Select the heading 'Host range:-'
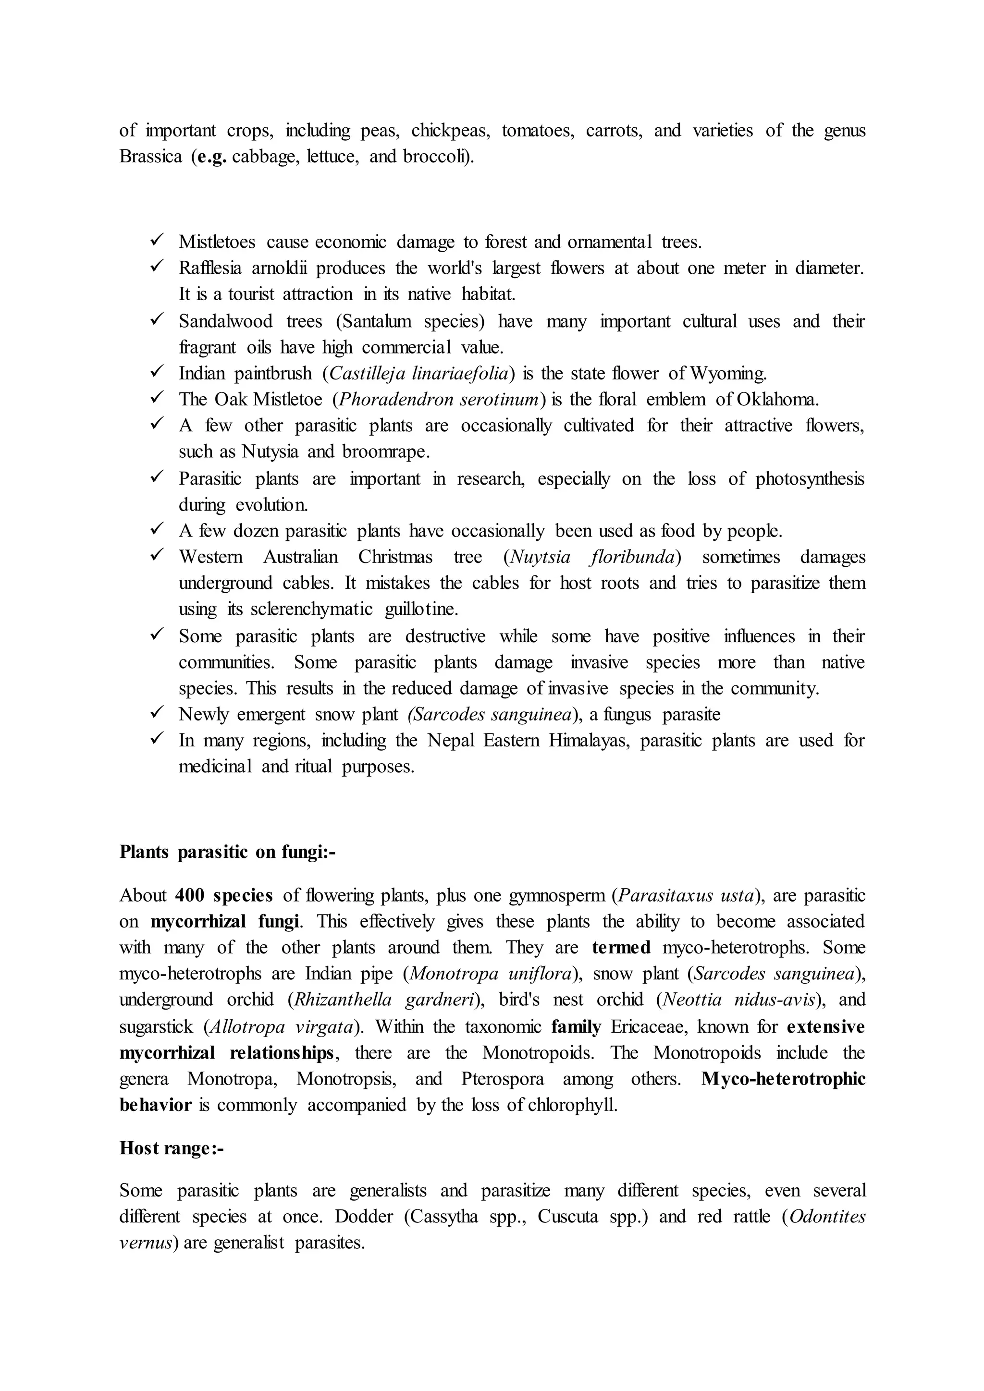point(172,1147)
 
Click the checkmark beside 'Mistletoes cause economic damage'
point(156,241)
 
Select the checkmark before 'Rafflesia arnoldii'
point(156,267)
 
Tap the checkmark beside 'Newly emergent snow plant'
point(156,713)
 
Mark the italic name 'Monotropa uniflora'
point(490,974)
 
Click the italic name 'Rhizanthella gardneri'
point(384,1000)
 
